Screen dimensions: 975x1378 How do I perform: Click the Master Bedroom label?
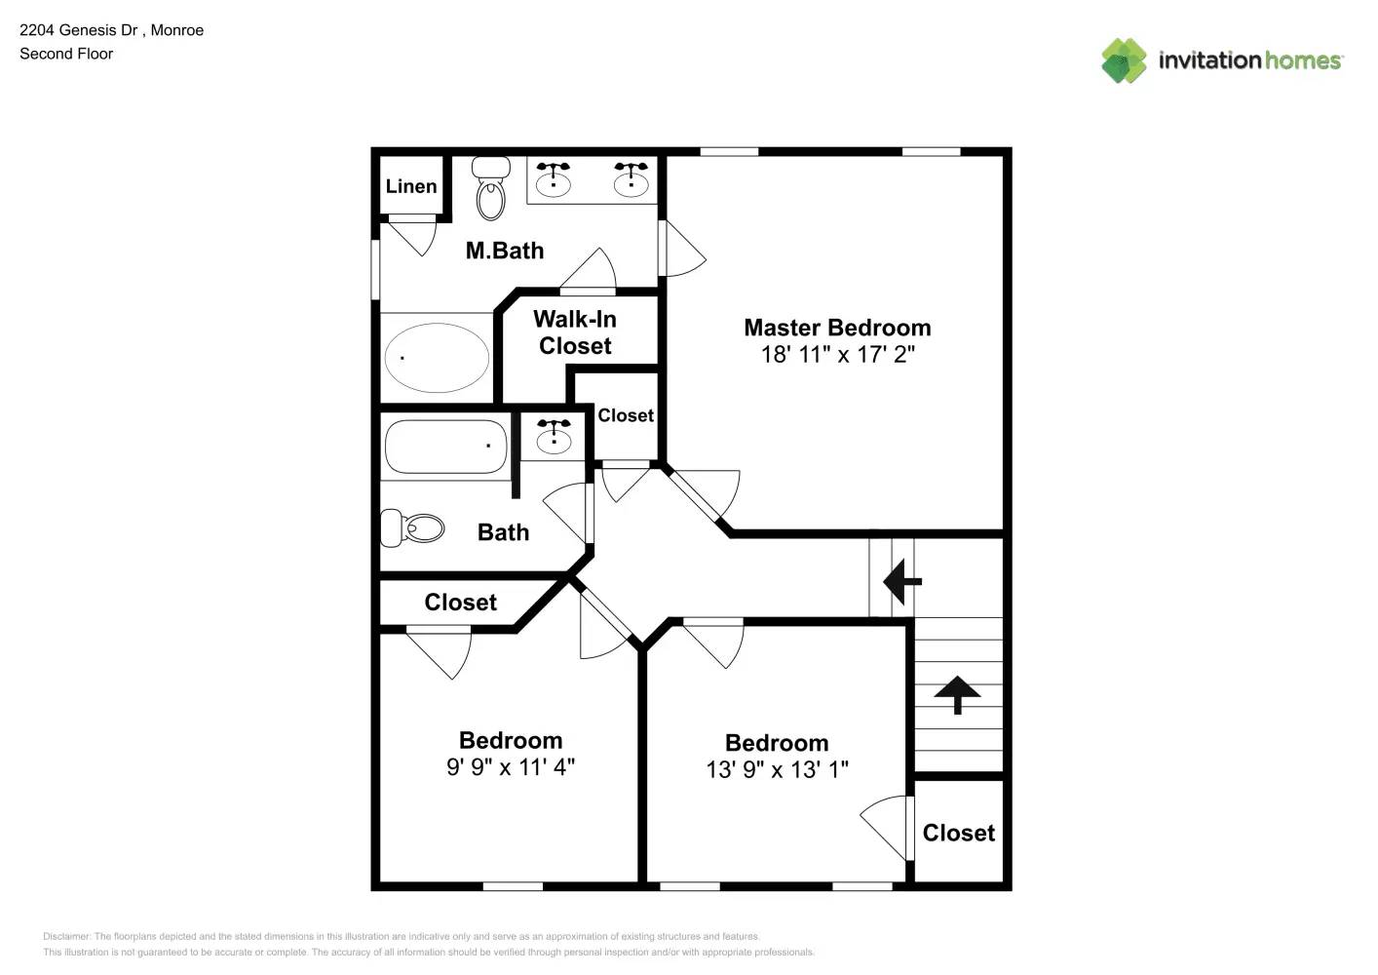837,328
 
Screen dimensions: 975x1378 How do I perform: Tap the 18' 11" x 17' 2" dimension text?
837,355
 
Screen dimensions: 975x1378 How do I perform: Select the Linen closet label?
411,186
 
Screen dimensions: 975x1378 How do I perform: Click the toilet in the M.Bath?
491,189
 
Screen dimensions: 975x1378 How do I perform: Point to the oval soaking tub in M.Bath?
437,357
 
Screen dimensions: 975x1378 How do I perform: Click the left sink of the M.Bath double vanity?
554,179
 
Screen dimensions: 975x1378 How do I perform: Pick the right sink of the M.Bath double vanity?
631,179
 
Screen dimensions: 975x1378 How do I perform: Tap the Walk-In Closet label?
575,332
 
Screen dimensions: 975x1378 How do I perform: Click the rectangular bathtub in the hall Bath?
445,446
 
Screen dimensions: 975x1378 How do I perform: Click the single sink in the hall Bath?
554,436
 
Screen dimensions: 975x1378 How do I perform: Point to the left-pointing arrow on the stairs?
901,582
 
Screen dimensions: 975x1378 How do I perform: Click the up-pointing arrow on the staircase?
958,694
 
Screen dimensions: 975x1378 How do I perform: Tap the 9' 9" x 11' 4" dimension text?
511,767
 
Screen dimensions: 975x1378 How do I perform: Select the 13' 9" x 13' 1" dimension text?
777,770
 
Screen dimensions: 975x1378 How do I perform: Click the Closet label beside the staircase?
959,833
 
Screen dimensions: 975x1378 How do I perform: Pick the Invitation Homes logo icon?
1124,60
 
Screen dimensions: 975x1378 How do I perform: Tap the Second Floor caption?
66,54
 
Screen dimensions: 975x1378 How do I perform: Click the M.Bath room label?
504,251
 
